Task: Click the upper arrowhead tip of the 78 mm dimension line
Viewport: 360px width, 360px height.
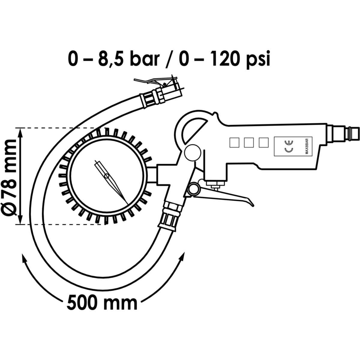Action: click(x=21, y=128)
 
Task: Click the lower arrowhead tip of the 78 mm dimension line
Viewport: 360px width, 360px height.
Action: click(x=21, y=224)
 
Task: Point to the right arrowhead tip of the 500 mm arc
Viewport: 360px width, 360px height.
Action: click(x=184, y=252)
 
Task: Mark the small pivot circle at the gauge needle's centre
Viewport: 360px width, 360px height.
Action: click(x=107, y=176)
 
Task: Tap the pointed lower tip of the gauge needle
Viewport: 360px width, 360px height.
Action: click(x=128, y=205)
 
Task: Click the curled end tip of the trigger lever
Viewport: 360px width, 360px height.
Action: click(x=254, y=206)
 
